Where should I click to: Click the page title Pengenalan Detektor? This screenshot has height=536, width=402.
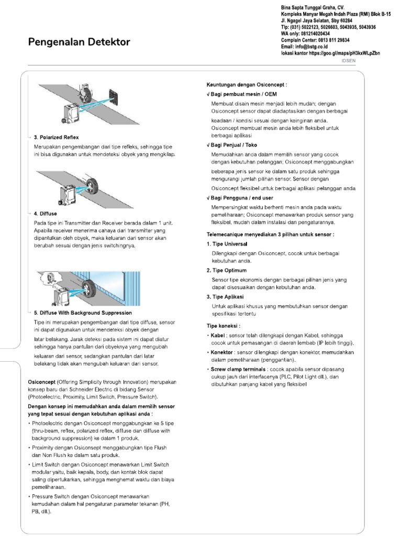click(x=79, y=42)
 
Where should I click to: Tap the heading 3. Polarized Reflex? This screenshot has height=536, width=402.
click(x=56, y=137)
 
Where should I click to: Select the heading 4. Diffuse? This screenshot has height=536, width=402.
click(x=46, y=214)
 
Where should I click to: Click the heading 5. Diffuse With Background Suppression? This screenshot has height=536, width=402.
click(x=83, y=312)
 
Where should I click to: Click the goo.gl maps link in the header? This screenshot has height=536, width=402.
click(x=345, y=53)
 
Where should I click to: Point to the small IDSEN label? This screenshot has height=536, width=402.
click(x=348, y=60)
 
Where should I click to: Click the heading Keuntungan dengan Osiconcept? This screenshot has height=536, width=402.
click(x=247, y=84)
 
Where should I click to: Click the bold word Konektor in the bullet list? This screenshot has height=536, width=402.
click(x=222, y=352)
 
